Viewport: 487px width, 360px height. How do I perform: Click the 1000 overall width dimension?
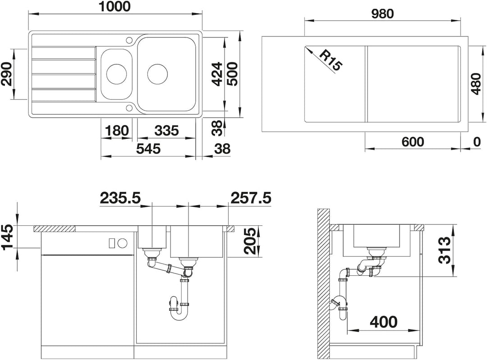[x=115, y=6]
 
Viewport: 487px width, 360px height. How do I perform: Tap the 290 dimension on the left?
[x=6, y=74]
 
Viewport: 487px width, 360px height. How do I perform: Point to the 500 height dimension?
[x=232, y=74]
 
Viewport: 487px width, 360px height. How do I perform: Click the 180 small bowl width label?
[x=116, y=131]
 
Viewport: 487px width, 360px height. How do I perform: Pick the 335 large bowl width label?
[x=166, y=131]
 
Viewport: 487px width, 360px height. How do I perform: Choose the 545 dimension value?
[x=148, y=149]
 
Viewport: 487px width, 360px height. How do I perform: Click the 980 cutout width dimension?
[x=382, y=14]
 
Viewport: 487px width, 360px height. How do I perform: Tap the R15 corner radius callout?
[x=331, y=61]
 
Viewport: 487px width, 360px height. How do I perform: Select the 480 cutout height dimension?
[x=476, y=84]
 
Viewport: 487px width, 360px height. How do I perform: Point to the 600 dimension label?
[x=413, y=142]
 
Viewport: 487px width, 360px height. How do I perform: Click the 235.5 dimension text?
[x=120, y=198]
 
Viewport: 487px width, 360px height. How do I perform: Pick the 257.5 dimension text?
[x=251, y=198]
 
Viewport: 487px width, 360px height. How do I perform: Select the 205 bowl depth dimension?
[x=250, y=241]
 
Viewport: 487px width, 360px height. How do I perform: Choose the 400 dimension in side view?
[x=384, y=322]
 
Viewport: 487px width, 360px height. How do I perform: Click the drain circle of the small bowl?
[x=117, y=73]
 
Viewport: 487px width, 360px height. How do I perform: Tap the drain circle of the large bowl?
[x=157, y=74]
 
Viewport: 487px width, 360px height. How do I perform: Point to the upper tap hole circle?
[x=129, y=40]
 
